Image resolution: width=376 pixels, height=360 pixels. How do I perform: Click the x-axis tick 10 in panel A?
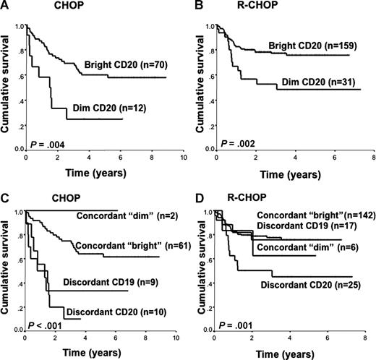pyautogui.click(x=183, y=158)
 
